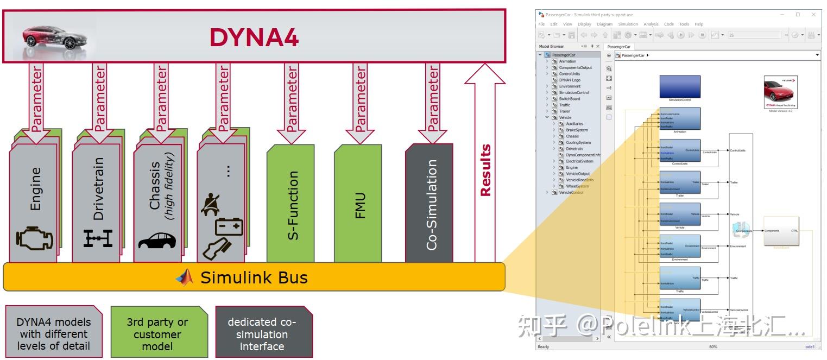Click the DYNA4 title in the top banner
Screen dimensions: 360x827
tap(254, 38)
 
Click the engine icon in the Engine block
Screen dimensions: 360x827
tap(35, 239)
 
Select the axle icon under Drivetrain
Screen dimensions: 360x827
tap(98, 238)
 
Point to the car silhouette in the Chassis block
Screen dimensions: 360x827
tap(157, 241)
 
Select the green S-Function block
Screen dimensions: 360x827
tap(291, 204)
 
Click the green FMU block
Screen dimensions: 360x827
tap(358, 204)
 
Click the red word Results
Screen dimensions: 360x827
tap(485, 170)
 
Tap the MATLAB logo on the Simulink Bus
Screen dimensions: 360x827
tap(185, 277)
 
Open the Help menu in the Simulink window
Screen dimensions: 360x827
tap(699, 24)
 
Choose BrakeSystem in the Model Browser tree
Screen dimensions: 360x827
tap(577, 130)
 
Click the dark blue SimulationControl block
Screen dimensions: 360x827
tap(680, 87)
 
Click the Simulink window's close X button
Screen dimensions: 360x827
tap(813, 15)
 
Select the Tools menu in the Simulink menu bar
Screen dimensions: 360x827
tap(684, 24)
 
